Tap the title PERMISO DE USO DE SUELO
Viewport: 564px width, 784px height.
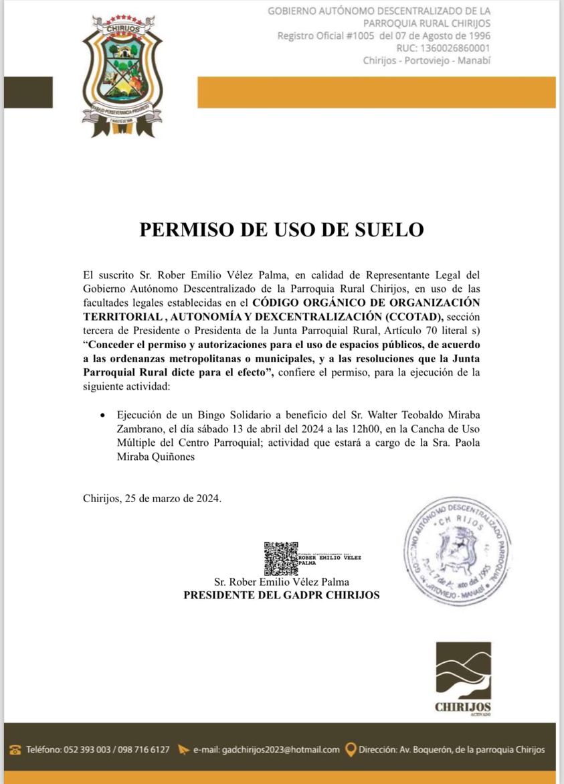pyautogui.click(x=282, y=230)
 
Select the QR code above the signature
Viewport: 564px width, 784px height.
pyautogui.click(x=280, y=558)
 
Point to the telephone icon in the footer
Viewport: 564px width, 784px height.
pyautogui.click(x=15, y=749)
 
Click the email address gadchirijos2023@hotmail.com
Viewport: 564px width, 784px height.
pyautogui.click(x=266, y=749)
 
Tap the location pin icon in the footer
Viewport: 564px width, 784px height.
pyautogui.click(x=351, y=749)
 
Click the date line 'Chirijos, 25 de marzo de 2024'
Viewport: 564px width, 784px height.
pyautogui.click(x=152, y=498)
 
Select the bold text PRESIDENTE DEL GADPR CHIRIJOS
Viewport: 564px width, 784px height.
pyautogui.click(x=282, y=595)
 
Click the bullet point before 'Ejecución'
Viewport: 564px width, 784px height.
pyautogui.click(x=102, y=415)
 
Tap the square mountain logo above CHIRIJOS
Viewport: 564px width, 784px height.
pyautogui.click(x=463, y=670)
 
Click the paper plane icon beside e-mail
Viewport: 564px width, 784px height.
pyautogui.click(x=183, y=749)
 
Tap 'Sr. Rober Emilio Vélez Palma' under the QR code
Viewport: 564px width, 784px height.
pyautogui.click(x=281, y=582)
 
